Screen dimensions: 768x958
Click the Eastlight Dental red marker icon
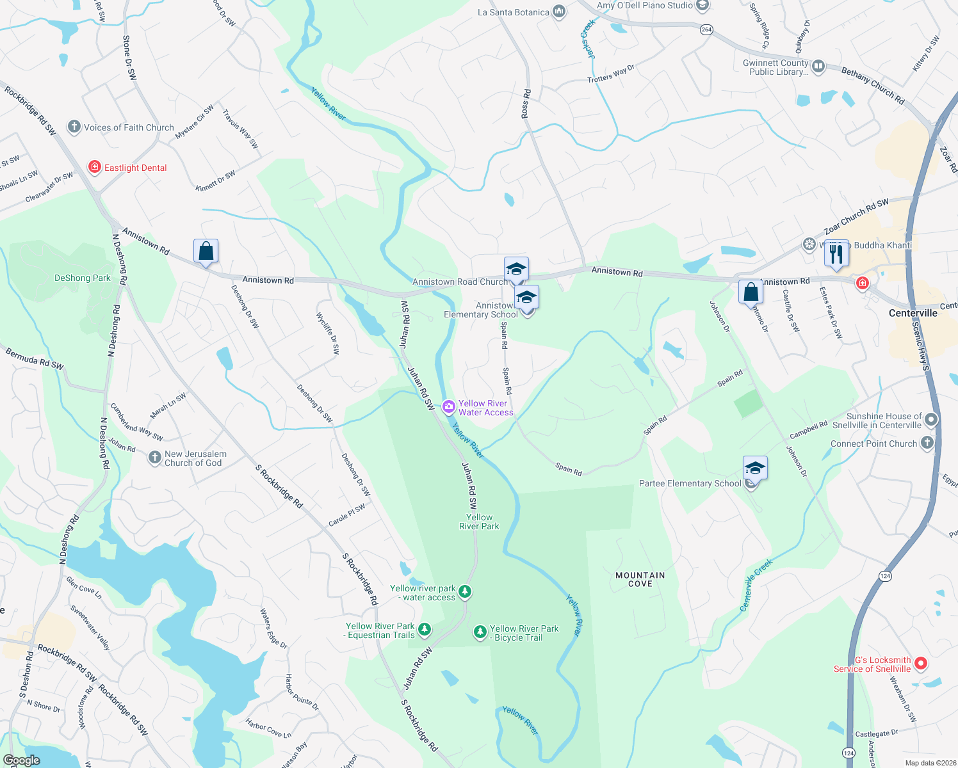coord(95,168)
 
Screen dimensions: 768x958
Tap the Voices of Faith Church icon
coord(74,127)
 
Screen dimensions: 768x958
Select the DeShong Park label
coord(83,278)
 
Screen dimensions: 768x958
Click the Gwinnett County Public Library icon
coord(818,66)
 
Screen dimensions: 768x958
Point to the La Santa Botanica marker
coord(558,12)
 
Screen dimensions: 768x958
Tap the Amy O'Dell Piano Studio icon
coord(702,6)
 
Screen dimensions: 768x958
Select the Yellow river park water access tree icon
coord(466,592)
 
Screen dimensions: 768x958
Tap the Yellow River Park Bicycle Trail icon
coord(480,632)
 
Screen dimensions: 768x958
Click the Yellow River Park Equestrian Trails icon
coord(424,630)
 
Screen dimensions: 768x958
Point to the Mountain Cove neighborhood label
coord(640,579)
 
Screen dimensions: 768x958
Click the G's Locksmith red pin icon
coord(920,664)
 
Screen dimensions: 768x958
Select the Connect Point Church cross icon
coord(927,443)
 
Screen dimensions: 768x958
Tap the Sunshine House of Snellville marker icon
coord(931,420)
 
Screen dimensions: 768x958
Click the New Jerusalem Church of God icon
coord(154,457)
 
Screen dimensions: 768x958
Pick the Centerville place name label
coord(913,313)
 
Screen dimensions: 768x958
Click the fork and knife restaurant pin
coord(836,253)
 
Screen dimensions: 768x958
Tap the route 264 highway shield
coord(706,29)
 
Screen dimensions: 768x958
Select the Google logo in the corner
coord(21,760)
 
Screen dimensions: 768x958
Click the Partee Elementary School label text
coord(690,483)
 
